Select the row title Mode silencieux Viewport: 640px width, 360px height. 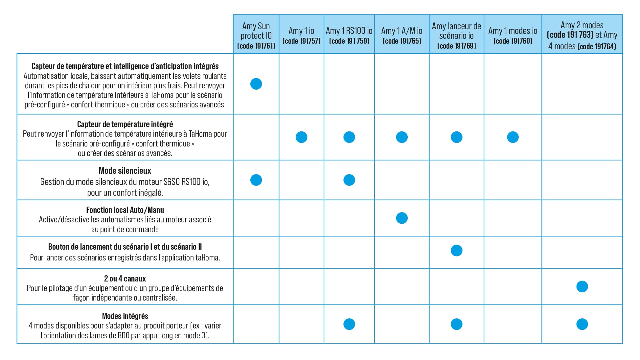click(125, 171)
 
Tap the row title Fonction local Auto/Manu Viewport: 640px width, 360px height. click(125, 210)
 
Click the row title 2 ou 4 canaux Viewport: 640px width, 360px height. click(125, 279)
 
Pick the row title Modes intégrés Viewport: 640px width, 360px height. click(125, 316)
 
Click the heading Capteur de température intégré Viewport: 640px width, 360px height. click(125, 124)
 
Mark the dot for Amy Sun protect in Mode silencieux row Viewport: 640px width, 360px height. click(256, 180)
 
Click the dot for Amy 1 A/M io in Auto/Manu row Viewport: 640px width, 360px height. click(401, 218)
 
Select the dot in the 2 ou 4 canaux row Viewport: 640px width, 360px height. click(582, 286)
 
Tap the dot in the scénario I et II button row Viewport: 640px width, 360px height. click(456, 251)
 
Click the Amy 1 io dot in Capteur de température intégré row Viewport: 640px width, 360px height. click(301, 137)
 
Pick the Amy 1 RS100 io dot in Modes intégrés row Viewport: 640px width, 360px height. click(349, 324)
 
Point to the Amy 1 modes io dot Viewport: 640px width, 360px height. click(513, 137)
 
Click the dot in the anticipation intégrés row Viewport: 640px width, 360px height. click(256, 84)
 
